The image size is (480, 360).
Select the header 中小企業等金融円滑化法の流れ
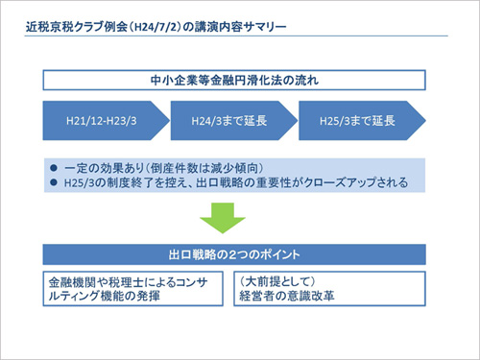click(x=234, y=79)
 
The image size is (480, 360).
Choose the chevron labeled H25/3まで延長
click(x=356, y=122)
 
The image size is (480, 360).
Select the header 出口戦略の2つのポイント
click(x=234, y=256)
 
